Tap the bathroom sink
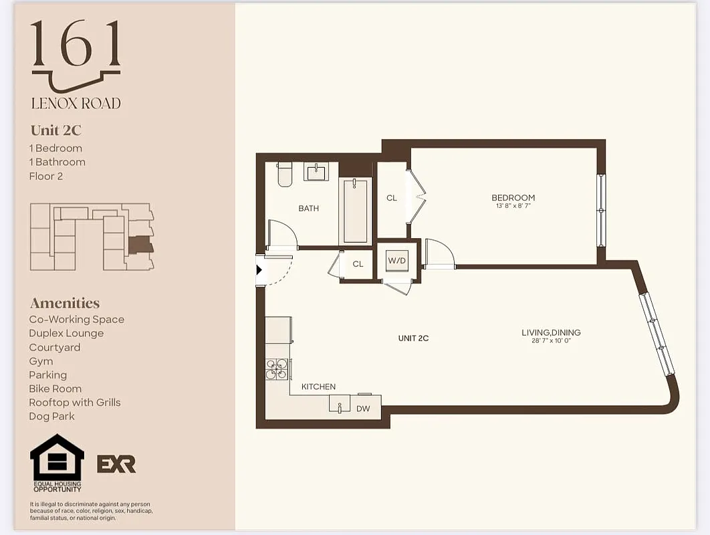316,171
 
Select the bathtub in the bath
354,210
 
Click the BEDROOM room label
513,197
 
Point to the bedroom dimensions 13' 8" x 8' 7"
513,206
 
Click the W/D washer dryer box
397,260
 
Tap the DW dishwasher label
363,408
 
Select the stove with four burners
277,368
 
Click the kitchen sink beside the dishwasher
340,405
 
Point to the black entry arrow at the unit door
260,271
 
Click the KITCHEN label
318,387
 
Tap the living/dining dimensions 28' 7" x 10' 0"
551,341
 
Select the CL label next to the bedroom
392,198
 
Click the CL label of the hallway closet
358,264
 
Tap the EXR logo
116,463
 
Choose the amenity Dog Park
51,416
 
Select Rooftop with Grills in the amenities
74,402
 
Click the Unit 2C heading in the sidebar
55,130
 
